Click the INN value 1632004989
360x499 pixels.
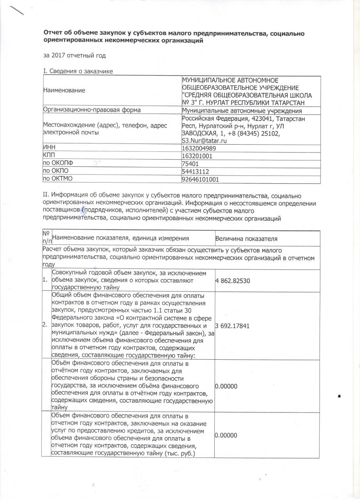pos(199,148)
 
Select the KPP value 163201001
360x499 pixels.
pos(198,156)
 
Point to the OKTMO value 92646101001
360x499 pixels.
pos(201,180)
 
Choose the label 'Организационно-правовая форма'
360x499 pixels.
pos(92,110)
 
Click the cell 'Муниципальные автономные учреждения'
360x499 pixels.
pos(242,110)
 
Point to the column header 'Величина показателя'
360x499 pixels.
pos(246,238)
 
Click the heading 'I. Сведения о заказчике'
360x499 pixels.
pos(78,72)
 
